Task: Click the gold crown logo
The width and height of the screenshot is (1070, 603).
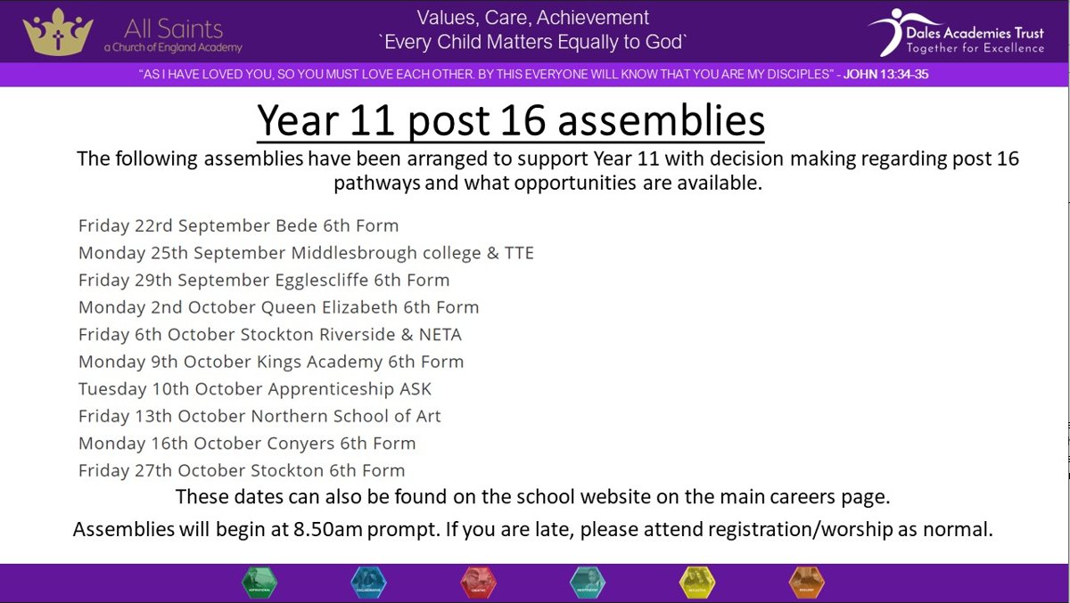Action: click(x=58, y=32)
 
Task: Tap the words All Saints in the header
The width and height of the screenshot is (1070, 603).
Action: click(x=173, y=28)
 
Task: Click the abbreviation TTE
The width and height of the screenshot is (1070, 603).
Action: click(x=519, y=253)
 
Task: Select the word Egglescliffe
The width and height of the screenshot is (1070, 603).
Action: click(x=311, y=280)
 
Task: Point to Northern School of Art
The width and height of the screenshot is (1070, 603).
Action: click(x=346, y=416)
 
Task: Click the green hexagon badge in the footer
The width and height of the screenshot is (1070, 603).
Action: click(x=259, y=583)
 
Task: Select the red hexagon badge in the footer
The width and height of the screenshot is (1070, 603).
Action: click(x=478, y=583)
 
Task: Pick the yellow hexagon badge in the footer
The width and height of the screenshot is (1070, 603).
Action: click(x=697, y=583)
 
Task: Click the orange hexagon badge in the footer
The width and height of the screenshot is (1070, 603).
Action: click(x=806, y=583)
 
